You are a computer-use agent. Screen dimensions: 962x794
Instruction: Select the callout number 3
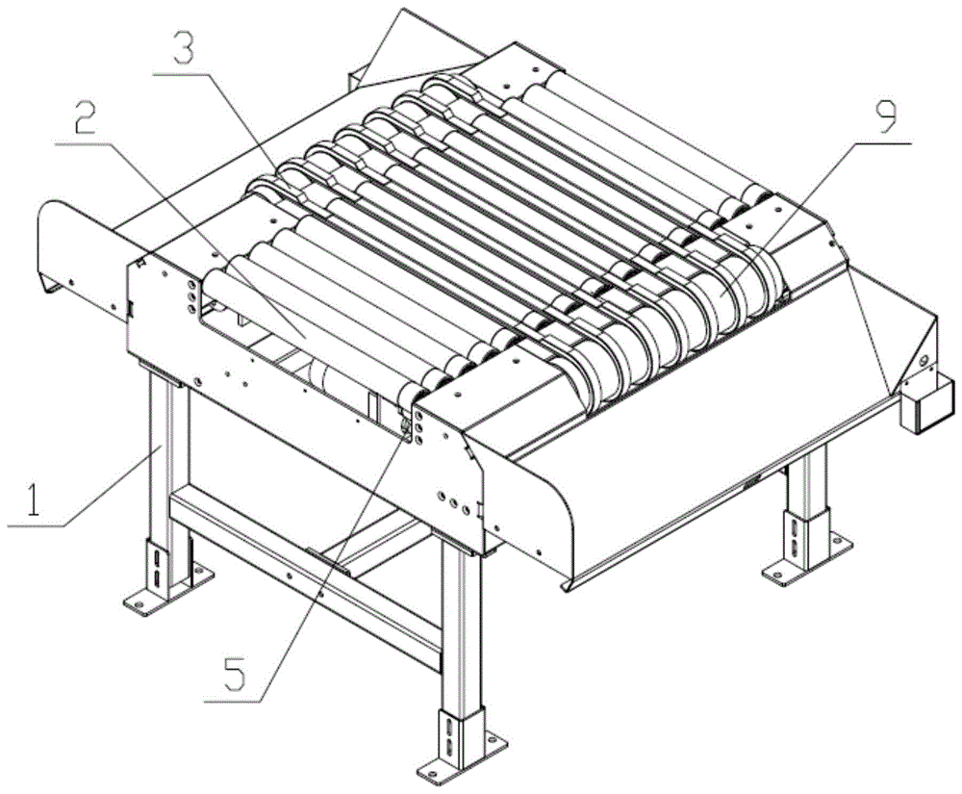click(184, 43)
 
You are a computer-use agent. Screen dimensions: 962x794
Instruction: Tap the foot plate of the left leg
click(167, 591)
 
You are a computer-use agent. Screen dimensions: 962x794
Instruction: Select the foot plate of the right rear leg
click(807, 560)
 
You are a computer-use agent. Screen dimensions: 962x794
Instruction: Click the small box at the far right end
click(926, 405)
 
